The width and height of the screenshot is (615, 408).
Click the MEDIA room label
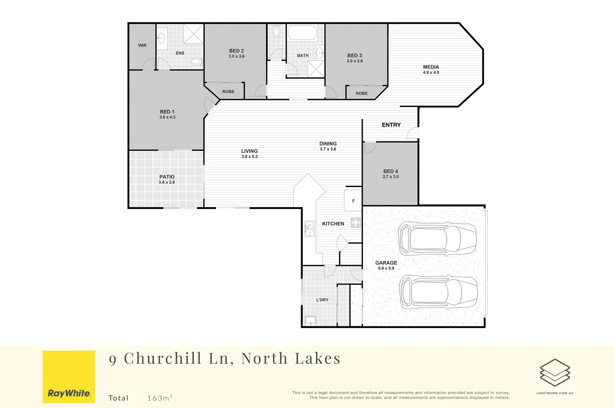pos(431,67)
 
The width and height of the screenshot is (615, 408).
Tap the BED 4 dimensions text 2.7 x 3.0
pos(390,177)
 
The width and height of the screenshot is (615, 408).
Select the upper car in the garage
pos(437,239)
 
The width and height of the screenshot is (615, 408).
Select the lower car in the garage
pos(438,292)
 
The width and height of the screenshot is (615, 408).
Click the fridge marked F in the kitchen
pos(353,201)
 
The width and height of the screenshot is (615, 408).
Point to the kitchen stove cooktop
pos(355,223)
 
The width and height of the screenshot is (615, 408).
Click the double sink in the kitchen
pos(309,229)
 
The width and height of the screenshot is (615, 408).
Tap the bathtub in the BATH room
pos(302,33)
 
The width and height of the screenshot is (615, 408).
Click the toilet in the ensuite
pos(196,61)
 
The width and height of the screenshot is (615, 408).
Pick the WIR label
pos(142,45)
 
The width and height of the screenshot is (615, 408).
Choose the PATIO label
pos(166,177)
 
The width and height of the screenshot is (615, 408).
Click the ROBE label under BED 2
pos(228,92)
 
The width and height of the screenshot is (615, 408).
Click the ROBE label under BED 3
pos(361,93)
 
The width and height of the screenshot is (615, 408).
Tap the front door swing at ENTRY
pos(413,133)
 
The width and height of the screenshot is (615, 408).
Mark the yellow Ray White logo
pos(69,377)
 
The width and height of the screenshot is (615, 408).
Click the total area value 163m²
pos(160,398)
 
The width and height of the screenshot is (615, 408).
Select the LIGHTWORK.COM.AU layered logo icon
pos(555,372)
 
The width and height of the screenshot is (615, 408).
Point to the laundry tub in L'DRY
pos(310,321)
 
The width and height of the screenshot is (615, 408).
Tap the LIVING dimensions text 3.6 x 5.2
pos(250,156)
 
